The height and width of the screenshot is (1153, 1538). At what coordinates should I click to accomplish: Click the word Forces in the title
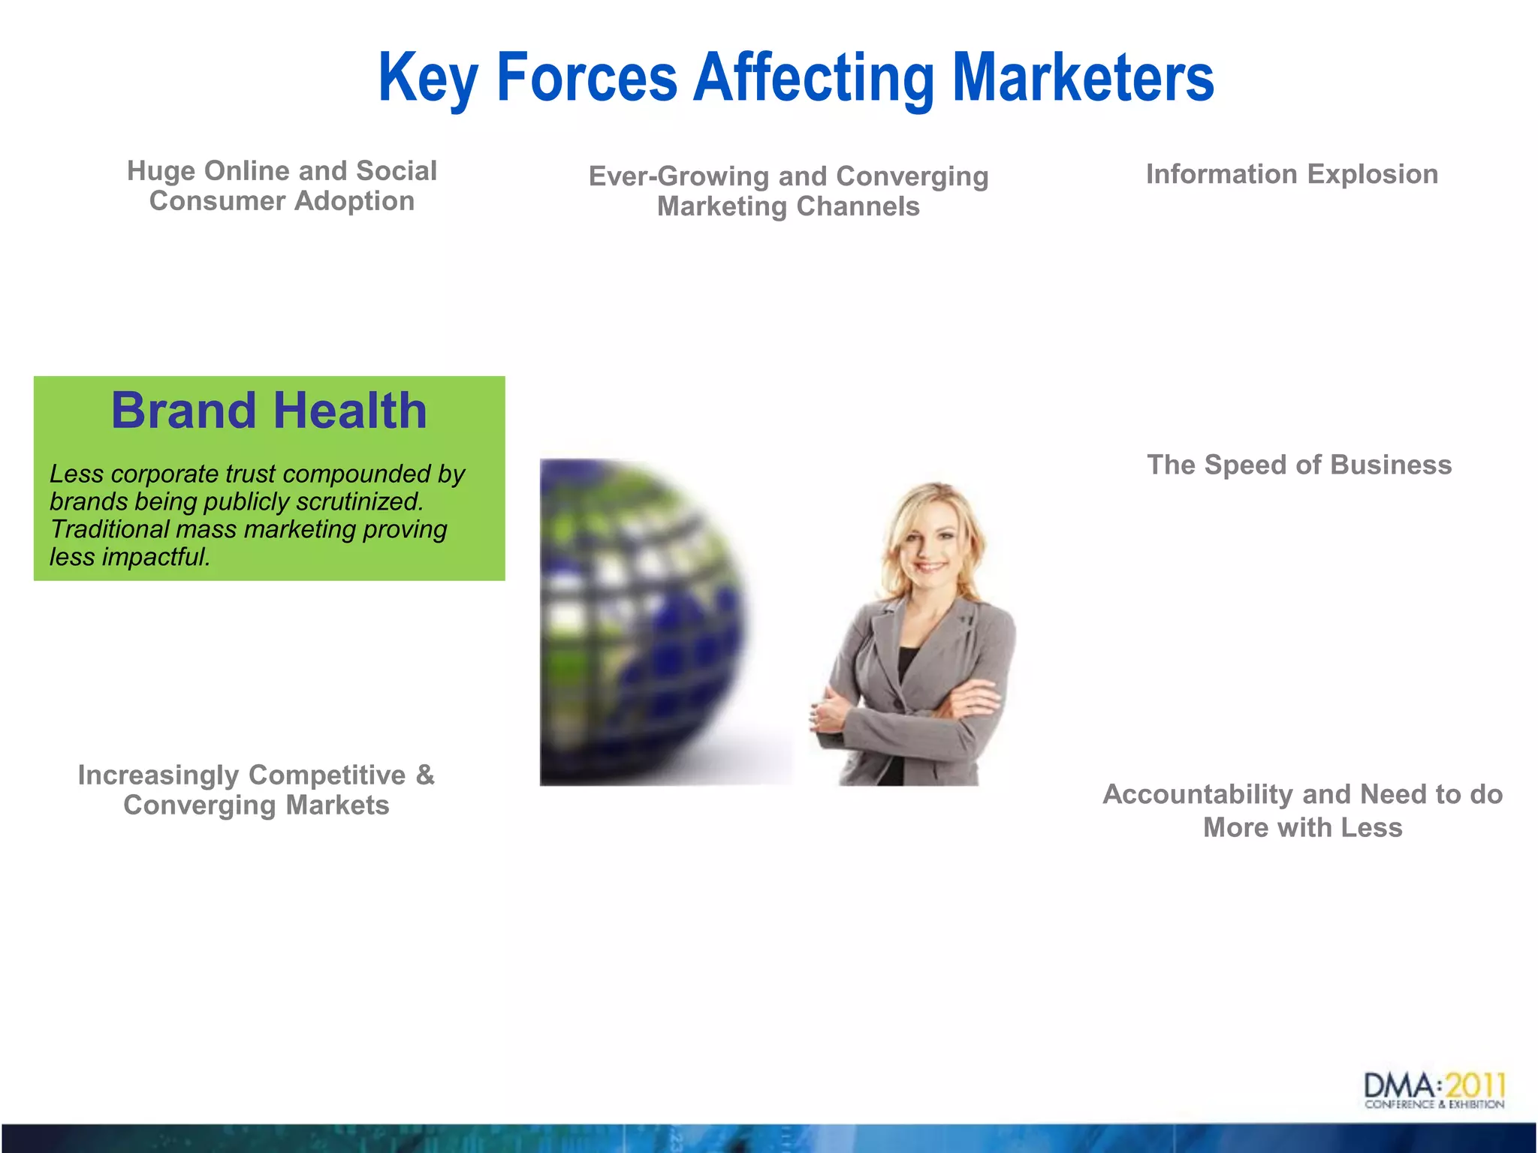pyautogui.click(x=587, y=78)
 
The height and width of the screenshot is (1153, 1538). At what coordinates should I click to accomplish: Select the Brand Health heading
pyautogui.click(x=269, y=411)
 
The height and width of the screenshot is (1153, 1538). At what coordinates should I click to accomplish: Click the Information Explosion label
pyautogui.click(x=1292, y=174)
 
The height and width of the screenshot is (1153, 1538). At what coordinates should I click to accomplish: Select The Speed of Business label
pyautogui.click(x=1299, y=465)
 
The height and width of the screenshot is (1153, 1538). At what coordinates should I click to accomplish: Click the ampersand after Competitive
pyautogui.click(x=425, y=775)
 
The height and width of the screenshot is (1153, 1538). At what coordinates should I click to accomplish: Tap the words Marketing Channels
pyautogui.click(x=788, y=206)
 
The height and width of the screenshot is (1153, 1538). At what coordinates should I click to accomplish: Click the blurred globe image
pyautogui.click(x=643, y=623)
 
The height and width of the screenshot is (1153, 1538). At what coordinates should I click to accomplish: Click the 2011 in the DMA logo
pyautogui.click(x=1475, y=1085)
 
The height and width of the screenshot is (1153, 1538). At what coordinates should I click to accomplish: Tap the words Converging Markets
pyautogui.click(x=256, y=805)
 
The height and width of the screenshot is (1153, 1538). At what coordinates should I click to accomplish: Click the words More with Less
pyautogui.click(x=1302, y=828)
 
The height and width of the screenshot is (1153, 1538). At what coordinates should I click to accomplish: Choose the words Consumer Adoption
pyautogui.click(x=282, y=201)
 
